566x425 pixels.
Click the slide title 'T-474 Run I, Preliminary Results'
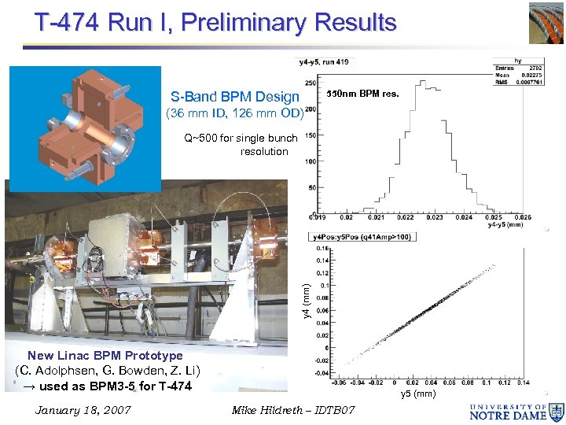pyautogui.click(x=215, y=22)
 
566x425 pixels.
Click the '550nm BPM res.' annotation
pyautogui.click(x=362, y=94)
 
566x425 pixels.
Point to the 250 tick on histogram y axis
pyautogui.click(x=311, y=83)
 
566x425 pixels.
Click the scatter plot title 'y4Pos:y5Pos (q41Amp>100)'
pyautogui.click(x=363, y=237)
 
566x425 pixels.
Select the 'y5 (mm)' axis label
pyautogui.click(x=418, y=394)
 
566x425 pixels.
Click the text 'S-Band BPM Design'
pyautogui.click(x=235, y=97)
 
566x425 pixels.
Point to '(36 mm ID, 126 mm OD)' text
pyautogui.click(x=234, y=113)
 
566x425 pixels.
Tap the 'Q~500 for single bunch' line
pyautogui.click(x=241, y=138)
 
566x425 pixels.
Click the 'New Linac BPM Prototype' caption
pyautogui.click(x=105, y=356)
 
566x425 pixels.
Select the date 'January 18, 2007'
pyautogui.click(x=83, y=411)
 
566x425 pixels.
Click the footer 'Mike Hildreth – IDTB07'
pyautogui.click(x=293, y=411)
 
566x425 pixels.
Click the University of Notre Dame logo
pyautogui.click(x=516, y=411)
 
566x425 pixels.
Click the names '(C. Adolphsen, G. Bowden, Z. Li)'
pyautogui.click(x=108, y=371)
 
